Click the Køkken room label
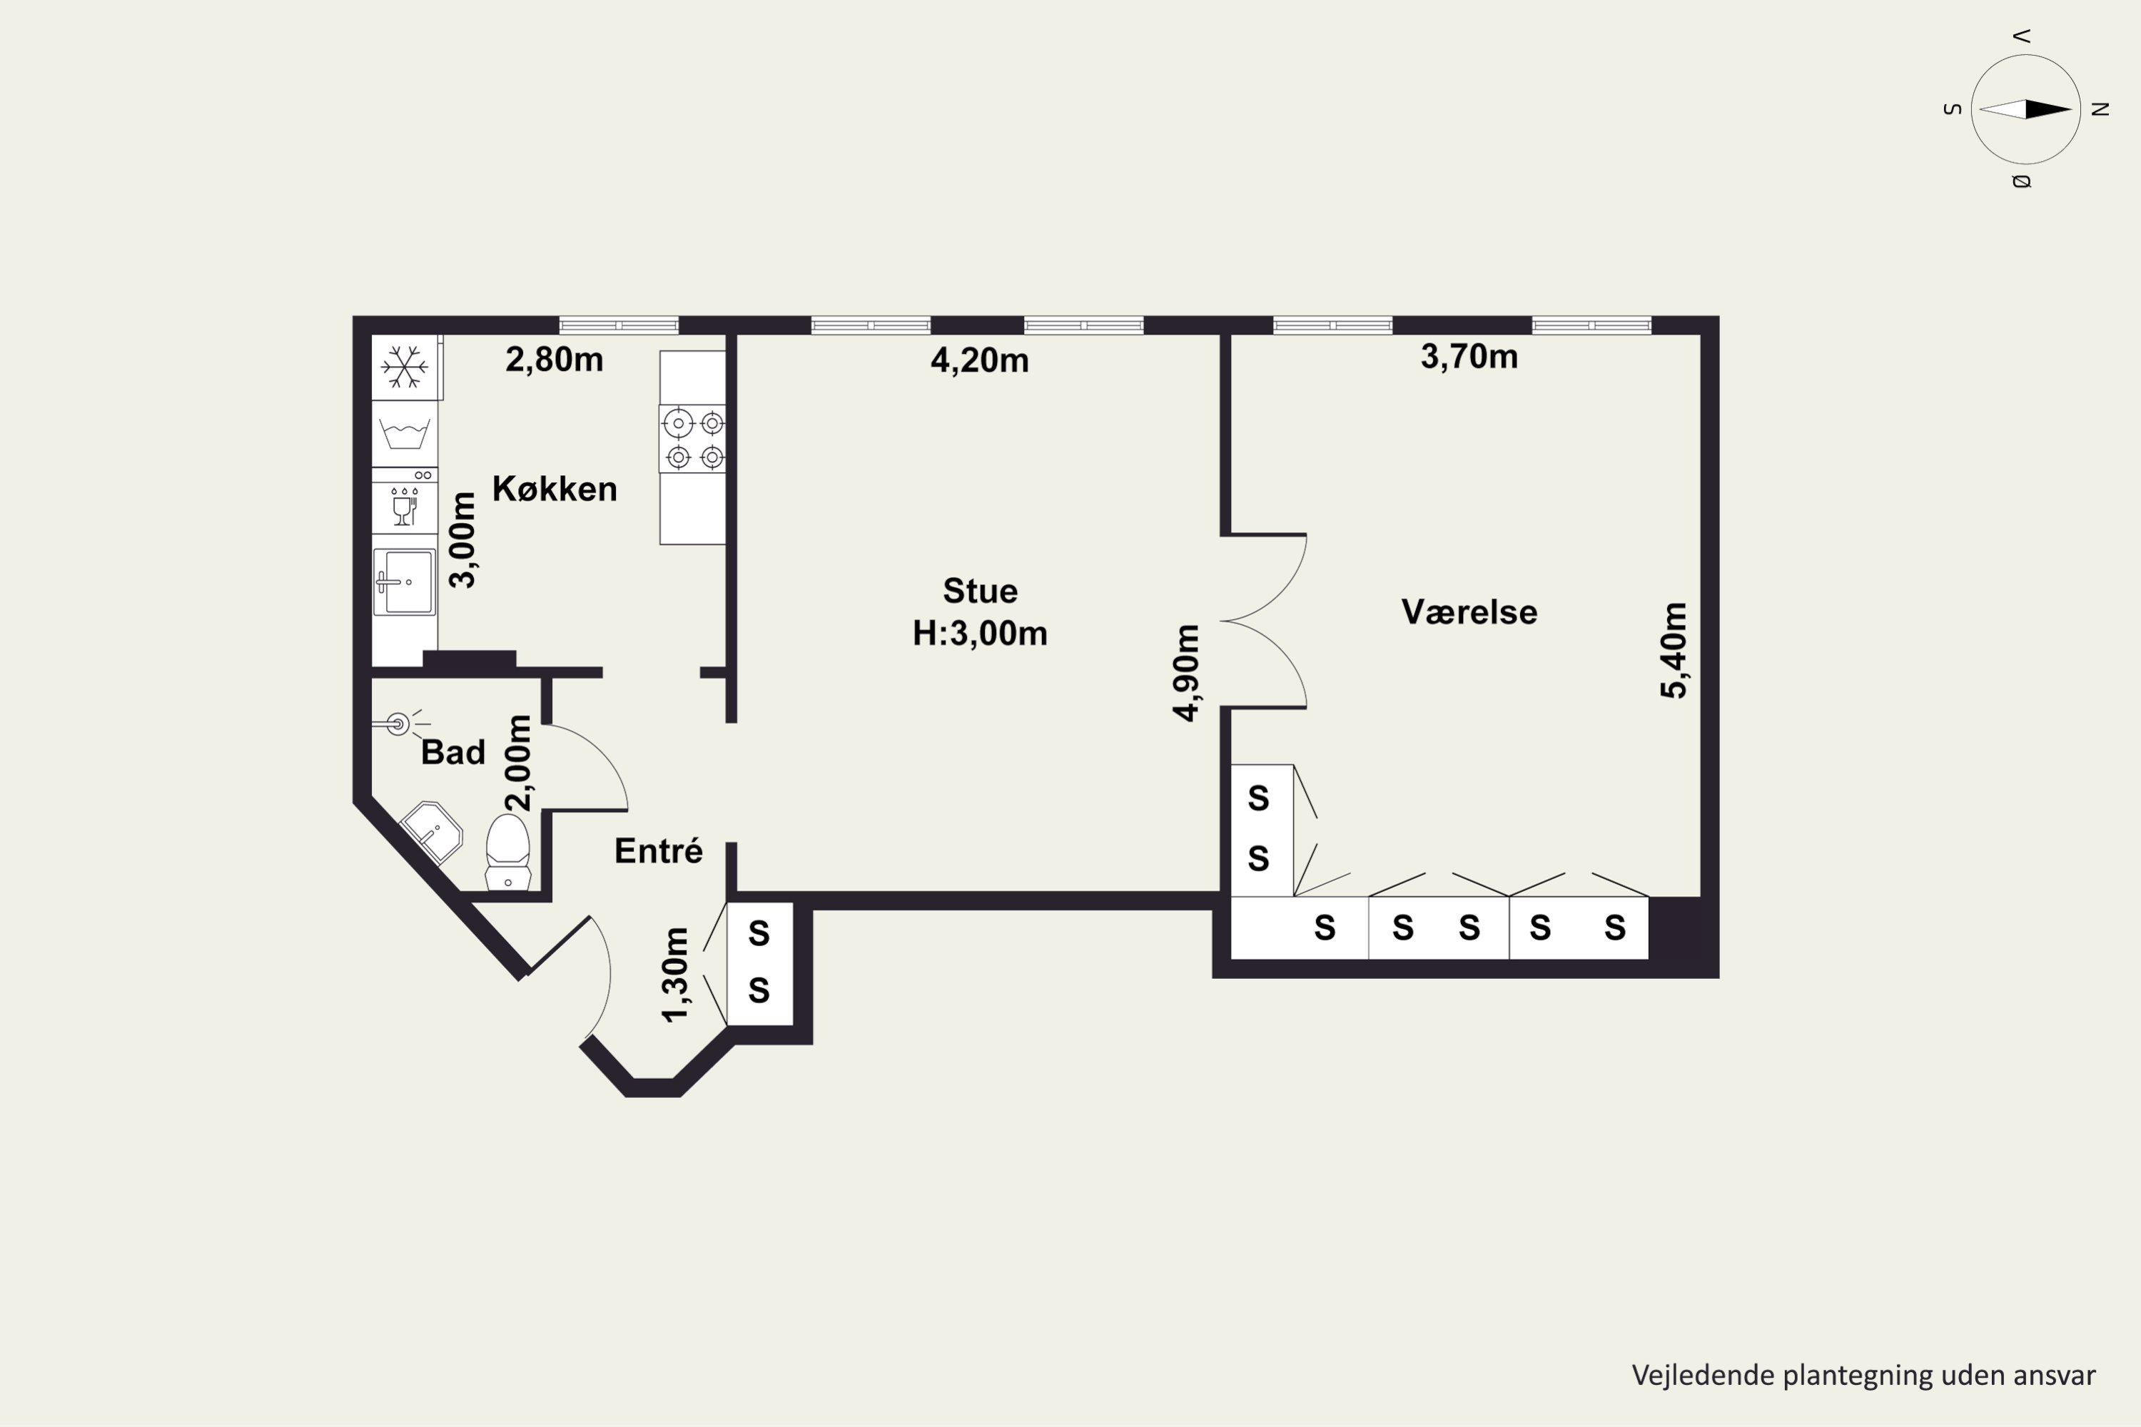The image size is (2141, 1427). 555,489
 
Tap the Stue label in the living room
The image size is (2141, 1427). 981,591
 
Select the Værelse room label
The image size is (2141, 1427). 1469,612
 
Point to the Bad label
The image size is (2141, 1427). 453,753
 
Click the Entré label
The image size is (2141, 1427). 658,851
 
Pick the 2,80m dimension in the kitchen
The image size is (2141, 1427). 555,360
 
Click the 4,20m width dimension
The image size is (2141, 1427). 979,361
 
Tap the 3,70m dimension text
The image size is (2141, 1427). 1469,357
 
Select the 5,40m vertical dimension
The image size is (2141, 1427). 1674,651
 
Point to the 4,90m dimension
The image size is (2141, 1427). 1186,674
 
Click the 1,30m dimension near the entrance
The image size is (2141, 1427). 675,975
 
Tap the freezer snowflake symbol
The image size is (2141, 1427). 404,367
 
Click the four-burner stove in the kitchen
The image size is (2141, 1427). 693,439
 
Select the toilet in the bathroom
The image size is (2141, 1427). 508,852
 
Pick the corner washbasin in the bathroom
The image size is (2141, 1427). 430,832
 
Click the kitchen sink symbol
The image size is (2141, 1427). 404,582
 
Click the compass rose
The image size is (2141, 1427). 2025,109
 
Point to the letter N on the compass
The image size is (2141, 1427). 2100,109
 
